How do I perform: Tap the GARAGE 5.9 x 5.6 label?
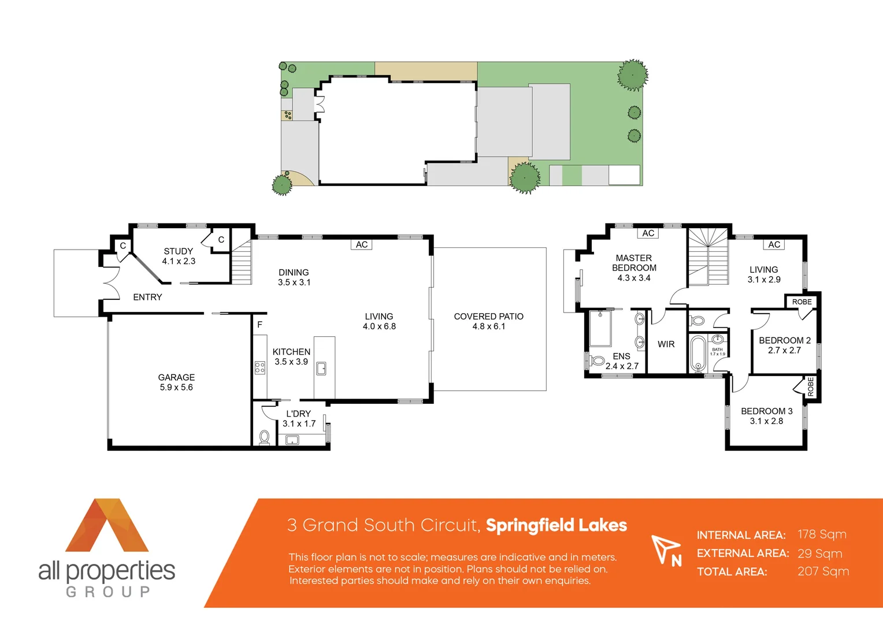[176, 382]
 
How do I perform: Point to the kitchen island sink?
[321, 368]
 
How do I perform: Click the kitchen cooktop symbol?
[260, 368]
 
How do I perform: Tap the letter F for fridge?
[259, 325]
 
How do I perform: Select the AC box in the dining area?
[362, 244]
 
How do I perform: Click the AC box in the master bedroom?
[648, 233]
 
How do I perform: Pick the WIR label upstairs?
[666, 344]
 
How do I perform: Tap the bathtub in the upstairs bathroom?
[698, 354]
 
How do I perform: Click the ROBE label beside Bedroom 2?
[802, 302]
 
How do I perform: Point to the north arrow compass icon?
[666, 549]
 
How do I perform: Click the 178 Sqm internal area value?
[822, 534]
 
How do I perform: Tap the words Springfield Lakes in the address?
[556, 525]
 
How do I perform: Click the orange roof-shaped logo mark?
[107, 525]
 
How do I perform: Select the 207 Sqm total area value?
[823, 571]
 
